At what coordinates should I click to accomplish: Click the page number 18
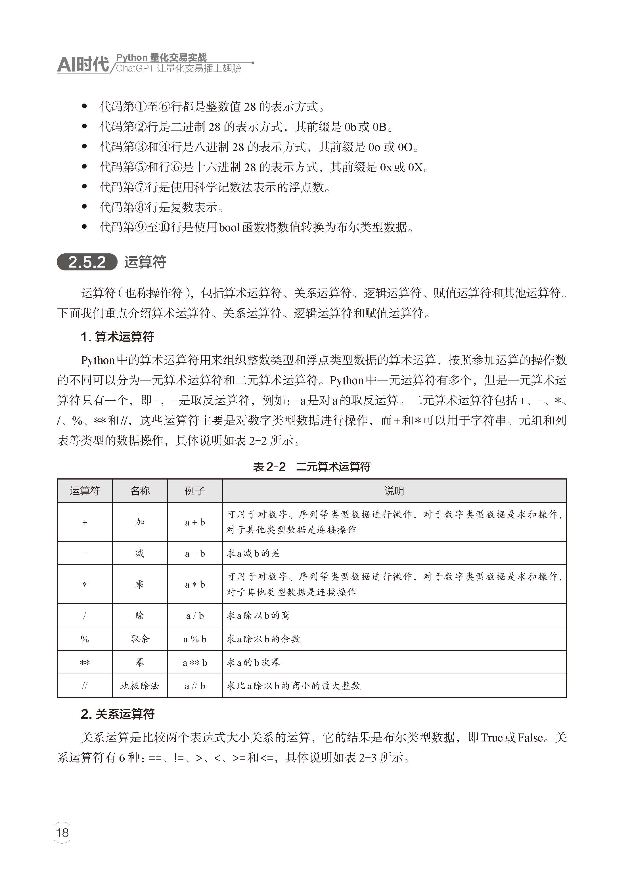point(62,833)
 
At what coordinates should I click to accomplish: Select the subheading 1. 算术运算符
point(118,337)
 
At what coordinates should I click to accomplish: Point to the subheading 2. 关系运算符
point(118,714)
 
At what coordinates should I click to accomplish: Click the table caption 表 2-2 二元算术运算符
point(311,467)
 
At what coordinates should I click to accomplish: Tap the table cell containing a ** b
point(195,663)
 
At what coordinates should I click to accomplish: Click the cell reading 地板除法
point(140,686)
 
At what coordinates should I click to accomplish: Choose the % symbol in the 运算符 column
point(85,639)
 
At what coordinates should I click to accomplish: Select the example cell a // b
point(195,686)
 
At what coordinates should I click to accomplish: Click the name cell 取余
point(140,639)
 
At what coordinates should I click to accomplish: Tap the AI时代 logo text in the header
point(83,64)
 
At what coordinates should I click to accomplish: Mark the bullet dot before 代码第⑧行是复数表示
point(84,207)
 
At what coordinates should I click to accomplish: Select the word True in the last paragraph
point(491,737)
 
